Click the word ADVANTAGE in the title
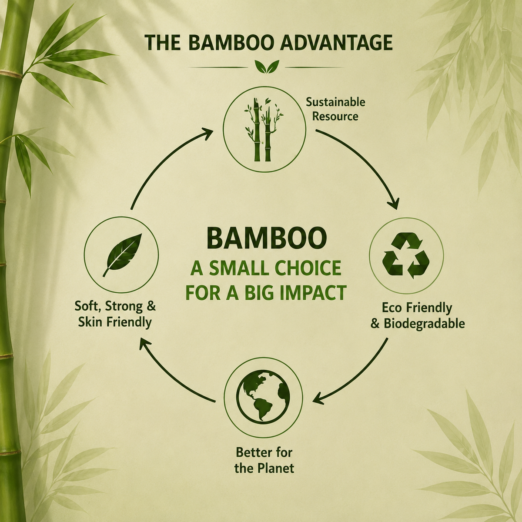click(336, 43)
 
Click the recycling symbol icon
click(406, 256)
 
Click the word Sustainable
click(336, 102)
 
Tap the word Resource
click(335, 117)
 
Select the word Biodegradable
click(424, 324)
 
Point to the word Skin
click(90, 322)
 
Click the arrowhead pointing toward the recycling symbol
click(394, 203)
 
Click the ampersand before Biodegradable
click(375, 324)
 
